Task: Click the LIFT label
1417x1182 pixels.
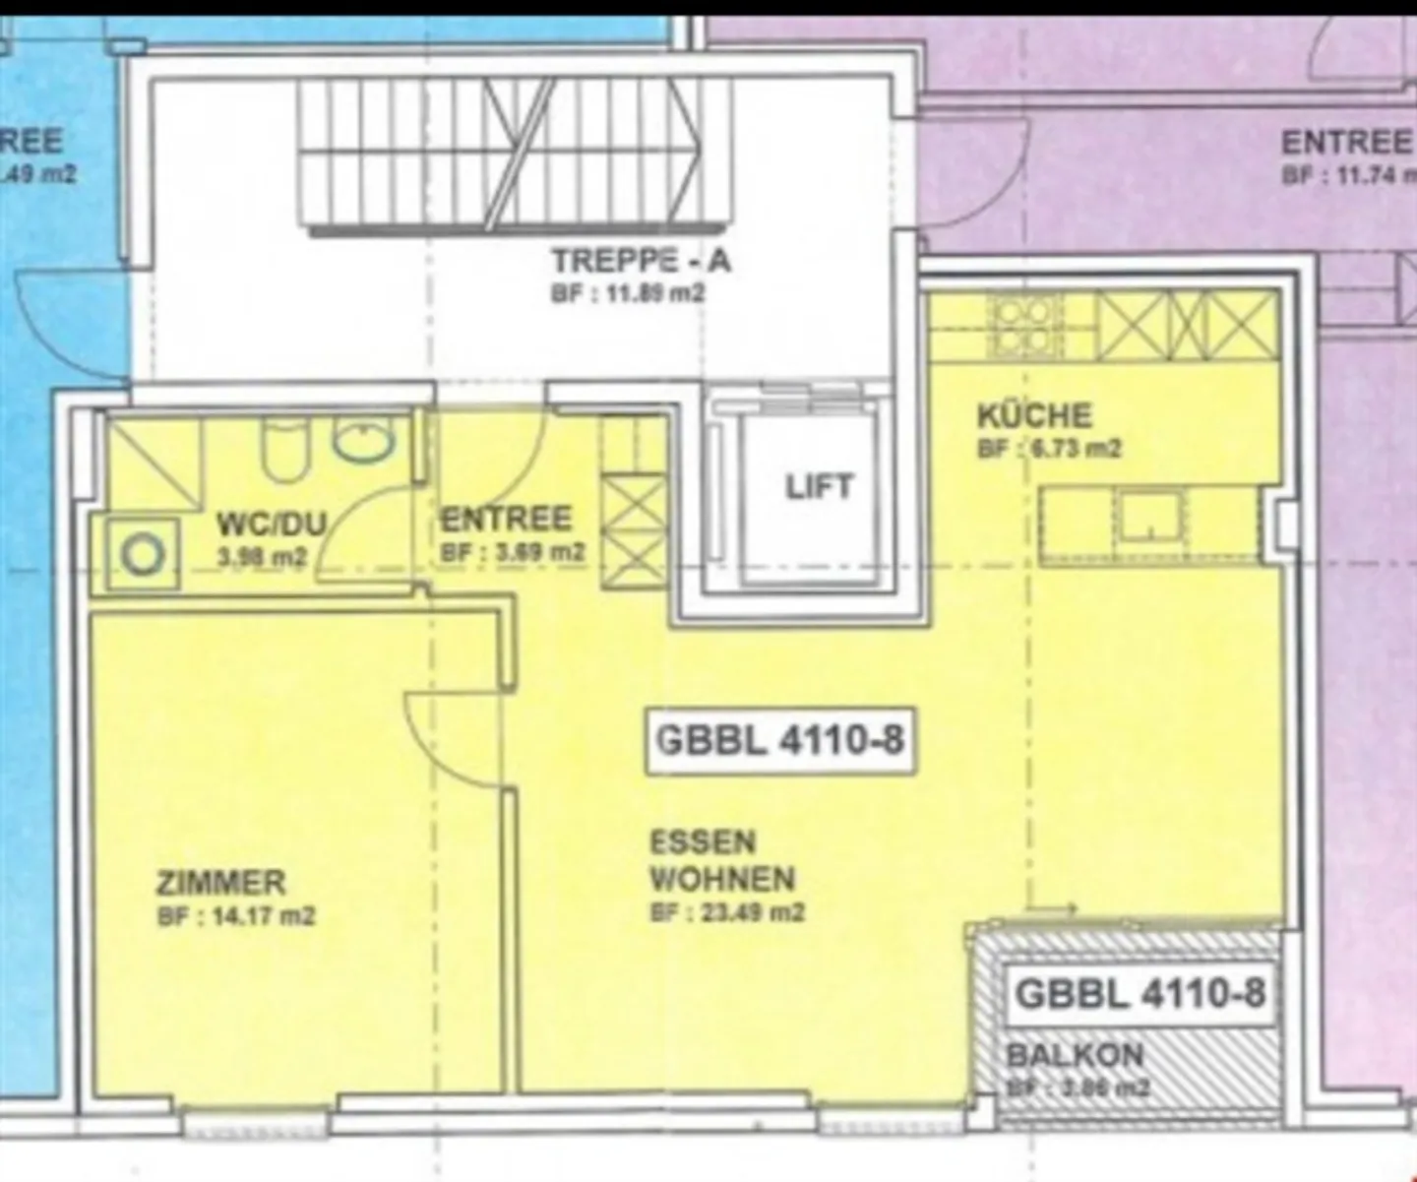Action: [819, 487]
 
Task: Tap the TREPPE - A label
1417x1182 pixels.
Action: [641, 261]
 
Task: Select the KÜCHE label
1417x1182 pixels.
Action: [1034, 415]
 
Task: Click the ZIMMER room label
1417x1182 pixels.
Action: [220, 881]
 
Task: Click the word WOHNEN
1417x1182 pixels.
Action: [722, 877]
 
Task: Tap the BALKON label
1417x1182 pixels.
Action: [1075, 1056]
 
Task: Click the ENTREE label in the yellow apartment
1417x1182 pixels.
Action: [506, 519]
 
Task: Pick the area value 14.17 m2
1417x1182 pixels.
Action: [236, 916]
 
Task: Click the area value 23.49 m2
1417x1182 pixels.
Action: [727, 912]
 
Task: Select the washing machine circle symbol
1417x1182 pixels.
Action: [143, 555]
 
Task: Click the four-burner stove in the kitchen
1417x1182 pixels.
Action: [1023, 328]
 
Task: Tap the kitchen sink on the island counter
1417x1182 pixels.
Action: [1147, 518]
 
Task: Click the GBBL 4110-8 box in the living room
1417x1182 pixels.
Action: [779, 739]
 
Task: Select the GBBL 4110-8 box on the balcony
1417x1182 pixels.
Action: [1140, 993]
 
